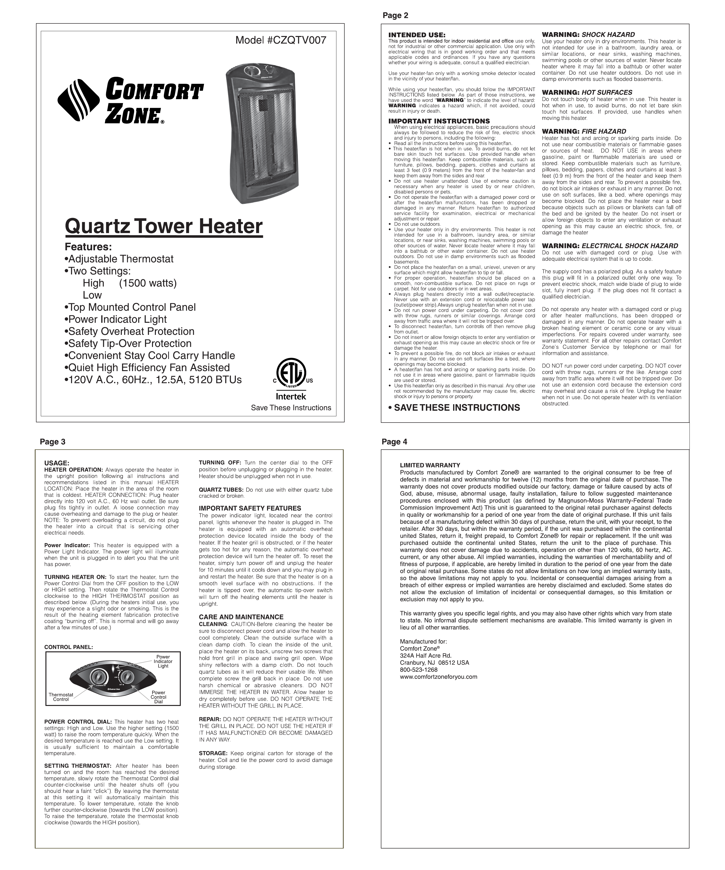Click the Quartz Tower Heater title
(x=164, y=226)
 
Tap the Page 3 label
(x=53, y=442)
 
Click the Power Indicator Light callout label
(x=163, y=661)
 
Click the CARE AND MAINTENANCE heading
(x=241, y=617)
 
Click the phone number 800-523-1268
(x=418, y=669)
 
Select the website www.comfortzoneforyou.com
(x=438, y=677)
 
